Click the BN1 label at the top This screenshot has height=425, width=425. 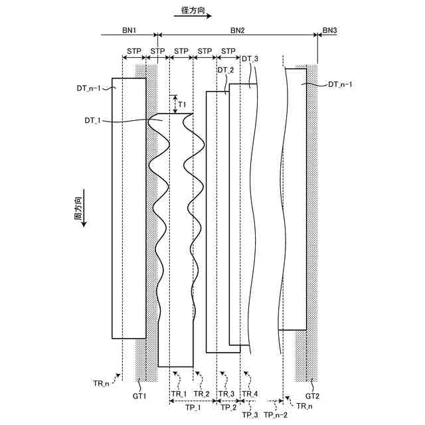(x=129, y=30)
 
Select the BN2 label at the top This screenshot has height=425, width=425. (x=237, y=30)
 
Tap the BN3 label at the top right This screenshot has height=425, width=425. (x=329, y=30)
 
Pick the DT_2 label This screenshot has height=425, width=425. (x=226, y=70)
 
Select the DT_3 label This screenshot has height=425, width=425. (x=250, y=59)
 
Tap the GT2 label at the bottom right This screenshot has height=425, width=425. (x=313, y=396)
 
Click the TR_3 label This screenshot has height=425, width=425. (x=226, y=394)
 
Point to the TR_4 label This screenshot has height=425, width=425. (x=250, y=394)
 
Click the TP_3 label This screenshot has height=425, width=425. (x=250, y=414)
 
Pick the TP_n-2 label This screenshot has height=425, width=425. (x=275, y=414)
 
